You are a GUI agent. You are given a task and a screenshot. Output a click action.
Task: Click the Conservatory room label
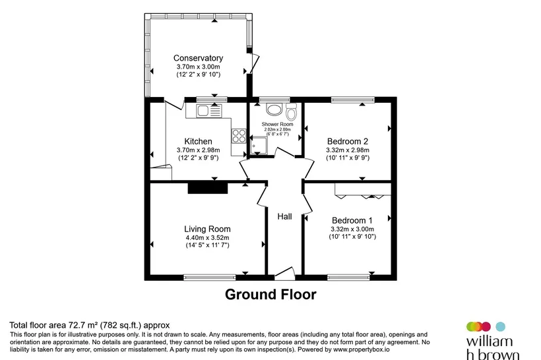point(198,58)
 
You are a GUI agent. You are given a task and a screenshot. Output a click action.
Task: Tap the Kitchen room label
point(198,141)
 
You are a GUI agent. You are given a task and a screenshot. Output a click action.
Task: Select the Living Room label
point(207,229)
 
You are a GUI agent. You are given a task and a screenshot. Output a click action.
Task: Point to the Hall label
point(284,216)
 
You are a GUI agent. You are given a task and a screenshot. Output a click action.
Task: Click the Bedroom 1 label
point(352,220)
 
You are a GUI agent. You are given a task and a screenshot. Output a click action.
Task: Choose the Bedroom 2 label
point(348,141)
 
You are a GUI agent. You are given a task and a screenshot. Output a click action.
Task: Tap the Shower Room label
point(277,124)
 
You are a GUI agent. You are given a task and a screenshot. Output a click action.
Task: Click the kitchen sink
point(208,111)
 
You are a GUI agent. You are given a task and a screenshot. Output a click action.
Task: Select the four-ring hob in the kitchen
point(239,136)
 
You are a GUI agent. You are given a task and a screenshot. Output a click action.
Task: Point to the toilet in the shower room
point(291,111)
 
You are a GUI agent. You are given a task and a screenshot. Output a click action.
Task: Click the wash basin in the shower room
point(274,109)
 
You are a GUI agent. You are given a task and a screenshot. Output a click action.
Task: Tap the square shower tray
point(259,146)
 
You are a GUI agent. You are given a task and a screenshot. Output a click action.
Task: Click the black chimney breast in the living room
point(208,189)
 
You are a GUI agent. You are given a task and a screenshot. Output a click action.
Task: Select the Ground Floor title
point(270,295)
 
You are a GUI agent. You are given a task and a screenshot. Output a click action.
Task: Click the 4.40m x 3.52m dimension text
point(207,237)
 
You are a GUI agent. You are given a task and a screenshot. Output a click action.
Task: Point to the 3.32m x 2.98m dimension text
point(348,150)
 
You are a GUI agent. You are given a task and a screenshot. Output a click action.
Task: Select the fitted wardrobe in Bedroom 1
point(363,191)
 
